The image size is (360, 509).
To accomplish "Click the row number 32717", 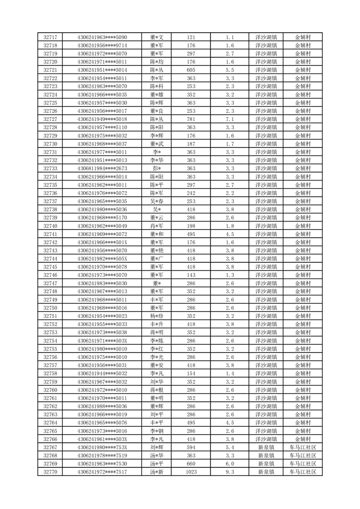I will tap(50, 37).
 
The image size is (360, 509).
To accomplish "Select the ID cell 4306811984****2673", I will tap(102, 168).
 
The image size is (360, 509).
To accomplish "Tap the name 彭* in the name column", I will tap(156, 168).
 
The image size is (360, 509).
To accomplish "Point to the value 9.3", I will tap(229, 472).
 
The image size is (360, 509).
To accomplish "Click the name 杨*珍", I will tap(156, 316).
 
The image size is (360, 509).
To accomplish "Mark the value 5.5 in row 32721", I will tap(229, 70).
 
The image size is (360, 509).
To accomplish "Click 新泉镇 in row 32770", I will tap(266, 472).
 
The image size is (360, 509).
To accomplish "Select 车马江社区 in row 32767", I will tap(303, 447).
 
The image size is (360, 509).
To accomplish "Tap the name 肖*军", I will tap(156, 226).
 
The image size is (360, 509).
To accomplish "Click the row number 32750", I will tap(50, 308).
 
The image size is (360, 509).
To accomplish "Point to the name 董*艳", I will tap(156, 250).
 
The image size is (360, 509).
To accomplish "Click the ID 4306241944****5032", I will tap(102, 373).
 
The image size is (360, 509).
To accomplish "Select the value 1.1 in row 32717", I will tap(229, 37).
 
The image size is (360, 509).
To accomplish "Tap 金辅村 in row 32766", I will tap(303, 439).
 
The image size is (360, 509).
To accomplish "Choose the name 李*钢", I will tap(156, 431).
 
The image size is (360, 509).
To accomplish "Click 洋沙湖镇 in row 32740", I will tap(266, 226).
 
